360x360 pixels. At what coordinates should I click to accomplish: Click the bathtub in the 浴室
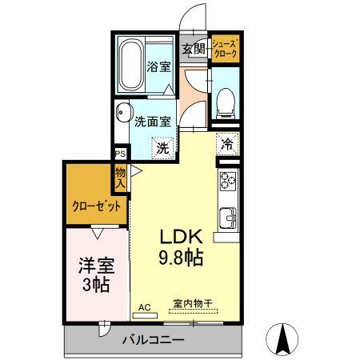click(x=131, y=66)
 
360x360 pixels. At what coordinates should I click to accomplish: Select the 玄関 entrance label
click(x=194, y=50)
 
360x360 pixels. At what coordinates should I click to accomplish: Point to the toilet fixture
click(x=224, y=98)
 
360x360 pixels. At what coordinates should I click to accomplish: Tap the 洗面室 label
click(x=152, y=123)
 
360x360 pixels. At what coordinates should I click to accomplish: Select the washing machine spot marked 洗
click(x=162, y=147)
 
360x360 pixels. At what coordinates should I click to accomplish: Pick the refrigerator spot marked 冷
click(x=227, y=144)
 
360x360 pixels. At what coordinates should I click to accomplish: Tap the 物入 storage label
click(x=121, y=178)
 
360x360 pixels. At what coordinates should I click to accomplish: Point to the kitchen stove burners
click(x=227, y=186)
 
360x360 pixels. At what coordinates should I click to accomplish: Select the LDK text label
click(x=186, y=238)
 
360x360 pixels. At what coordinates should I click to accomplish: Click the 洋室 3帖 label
click(x=94, y=273)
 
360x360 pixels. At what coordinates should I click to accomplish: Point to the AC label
click(x=145, y=306)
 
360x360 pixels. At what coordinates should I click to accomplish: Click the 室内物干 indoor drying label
click(x=191, y=304)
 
